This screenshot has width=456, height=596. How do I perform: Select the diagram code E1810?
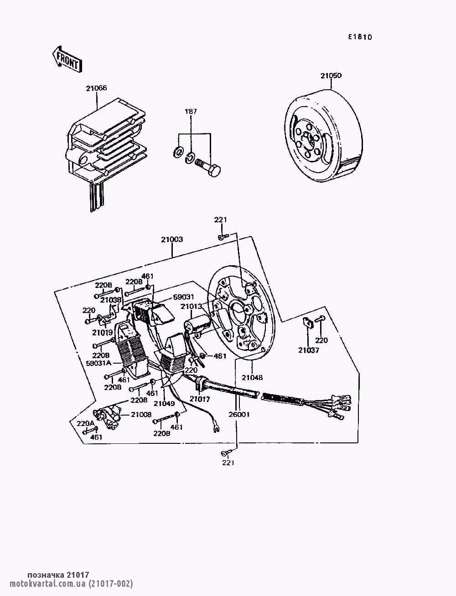tap(360, 37)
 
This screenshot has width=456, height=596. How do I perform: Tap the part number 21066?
tap(96, 88)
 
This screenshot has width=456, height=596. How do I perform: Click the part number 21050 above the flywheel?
tap(331, 76)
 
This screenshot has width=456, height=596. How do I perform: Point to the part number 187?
tap(191, 111)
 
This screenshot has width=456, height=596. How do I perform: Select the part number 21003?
tap(172, 239)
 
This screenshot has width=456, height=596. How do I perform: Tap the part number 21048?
tap(252, 377)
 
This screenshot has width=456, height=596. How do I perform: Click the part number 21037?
tap(309, 350)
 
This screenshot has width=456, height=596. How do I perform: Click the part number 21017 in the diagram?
tap(200, 399)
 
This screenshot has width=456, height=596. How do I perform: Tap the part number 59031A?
tap(98, 363)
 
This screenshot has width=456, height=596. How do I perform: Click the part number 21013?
tap(191, 307)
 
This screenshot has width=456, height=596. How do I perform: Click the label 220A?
tap(85, 423)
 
